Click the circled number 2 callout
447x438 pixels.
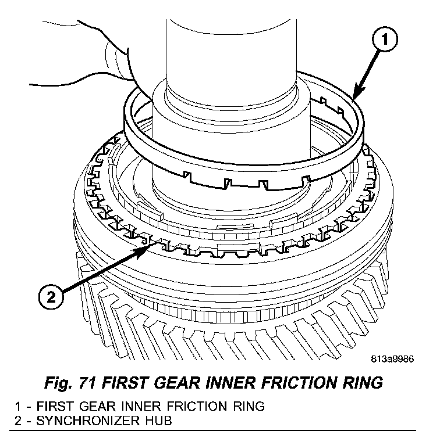51,297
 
